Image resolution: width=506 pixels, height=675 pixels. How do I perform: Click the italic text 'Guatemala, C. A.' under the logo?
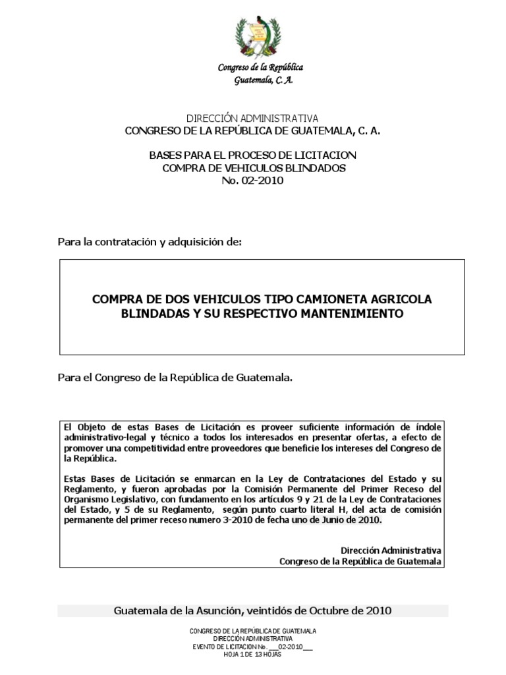point(264,80)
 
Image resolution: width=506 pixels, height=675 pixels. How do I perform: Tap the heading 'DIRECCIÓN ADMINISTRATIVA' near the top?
point(252,118)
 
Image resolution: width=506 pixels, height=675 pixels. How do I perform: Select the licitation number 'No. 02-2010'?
point(252,180)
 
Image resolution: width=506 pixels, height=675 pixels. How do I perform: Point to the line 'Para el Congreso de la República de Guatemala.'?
point(175,378)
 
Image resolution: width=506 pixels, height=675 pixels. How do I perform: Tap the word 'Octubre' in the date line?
point(338,610)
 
